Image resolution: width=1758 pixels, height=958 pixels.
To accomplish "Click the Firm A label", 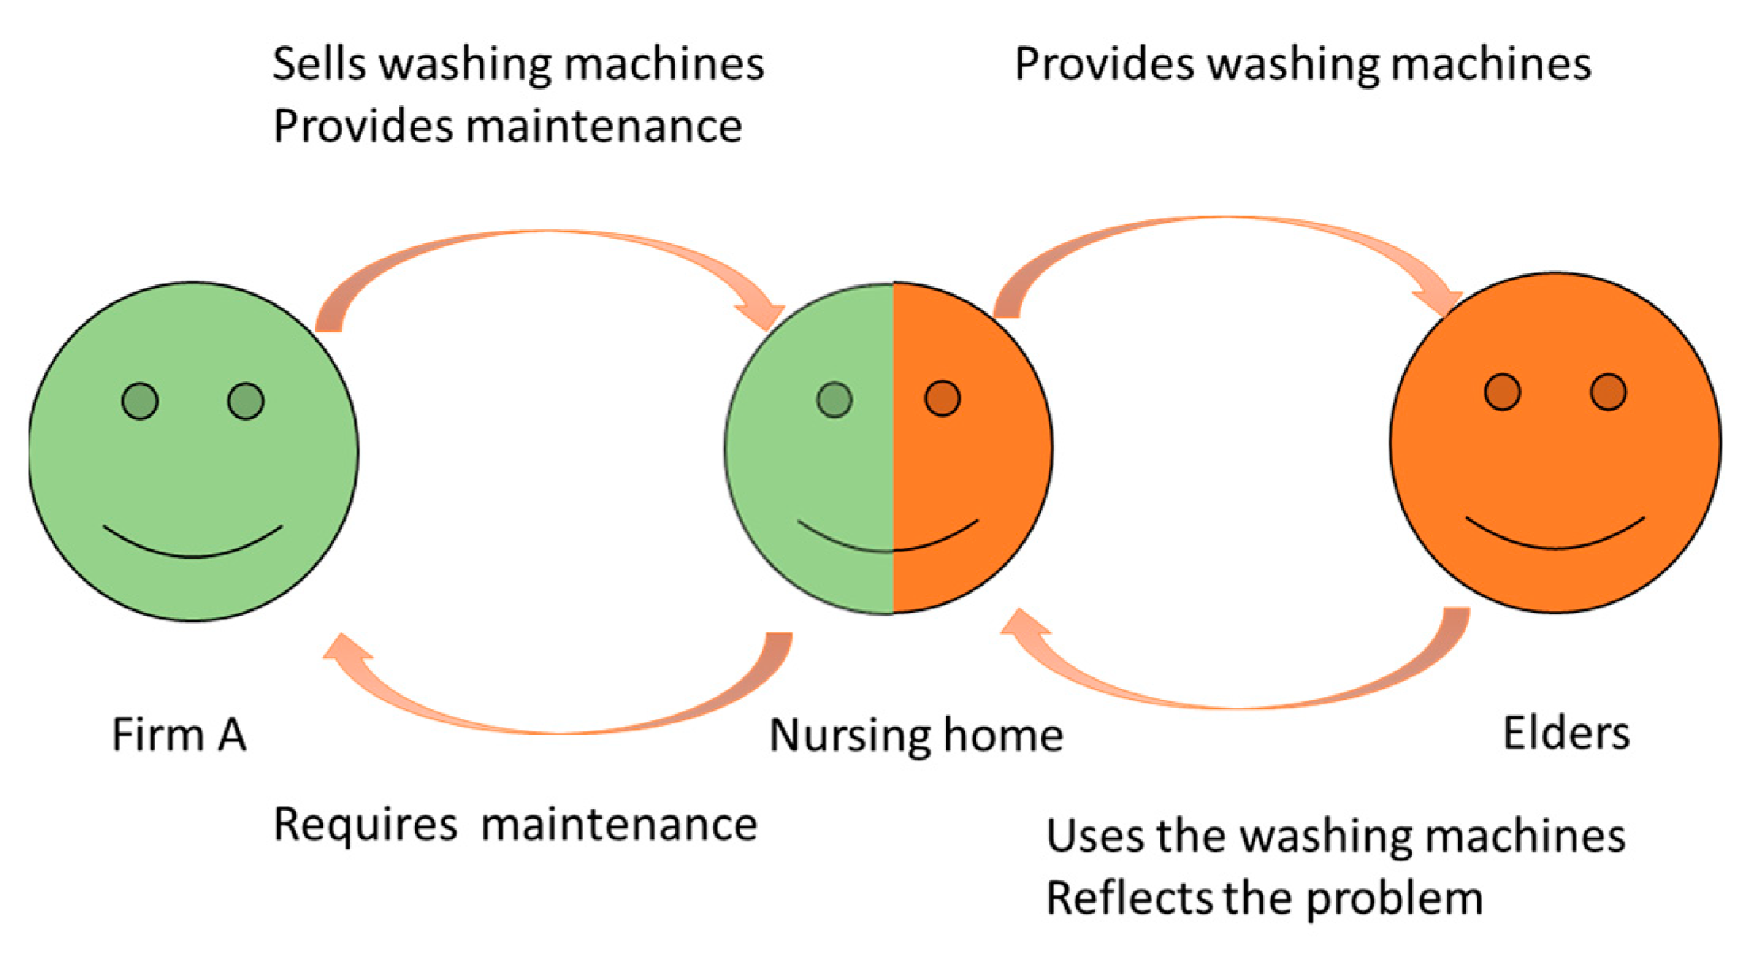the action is pyautogui.click(x=178, y=735).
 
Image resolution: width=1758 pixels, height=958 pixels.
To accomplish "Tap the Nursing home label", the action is pyautogui.click(x=915, y=736).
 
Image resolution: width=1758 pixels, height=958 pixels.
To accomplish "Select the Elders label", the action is pyautogui.click(x=1565, y=733).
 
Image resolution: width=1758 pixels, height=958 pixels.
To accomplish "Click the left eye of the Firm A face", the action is pyautogui.click(x=140, y=401).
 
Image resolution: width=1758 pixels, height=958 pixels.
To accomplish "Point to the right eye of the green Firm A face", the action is pyautogui.click(x=246, y=401).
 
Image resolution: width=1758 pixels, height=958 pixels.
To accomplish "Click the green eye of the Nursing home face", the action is pyautogui.click(x=834, y=399).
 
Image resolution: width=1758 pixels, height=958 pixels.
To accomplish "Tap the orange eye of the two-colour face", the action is pyautogui.click(x=942, y=398).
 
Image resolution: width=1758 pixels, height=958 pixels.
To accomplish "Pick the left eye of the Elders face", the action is pyautogui.click(x=1502, y=392).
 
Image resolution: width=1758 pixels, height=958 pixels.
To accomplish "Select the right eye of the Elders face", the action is pyautogui.click(x=1608, y=392).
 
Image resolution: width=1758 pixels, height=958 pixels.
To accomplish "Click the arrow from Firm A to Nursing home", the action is pyautogui.click(x=547, y=238).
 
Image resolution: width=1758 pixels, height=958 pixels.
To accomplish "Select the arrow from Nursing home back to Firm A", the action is pyautogui.click(x=555, y=723).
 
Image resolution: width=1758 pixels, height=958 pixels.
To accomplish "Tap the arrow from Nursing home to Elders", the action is pyautogui.click(x=1225, y=224).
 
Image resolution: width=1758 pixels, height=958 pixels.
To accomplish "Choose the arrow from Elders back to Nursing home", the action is pyautogui.click(x=1236, y=697).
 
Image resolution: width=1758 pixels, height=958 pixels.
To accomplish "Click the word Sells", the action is pyautogui.click(x=319, y=63).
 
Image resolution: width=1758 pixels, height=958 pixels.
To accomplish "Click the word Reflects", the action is pyautogui.click(x=1129, y=898).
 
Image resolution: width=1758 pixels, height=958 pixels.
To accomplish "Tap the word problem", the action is pyautogui.click(x=1394, y=899).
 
